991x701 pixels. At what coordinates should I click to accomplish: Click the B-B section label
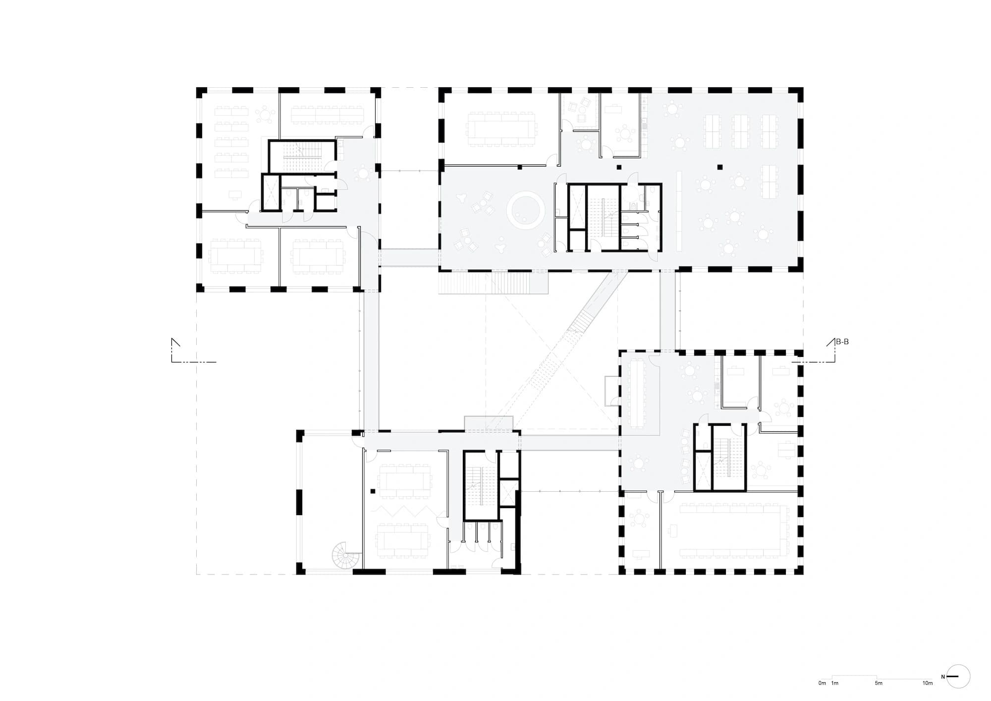(x=842, y=342)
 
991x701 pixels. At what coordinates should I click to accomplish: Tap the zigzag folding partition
(x=403, y=511)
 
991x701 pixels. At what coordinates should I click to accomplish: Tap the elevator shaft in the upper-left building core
(x=272, y=192)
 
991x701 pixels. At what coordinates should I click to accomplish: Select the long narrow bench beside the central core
(x=679, y=211)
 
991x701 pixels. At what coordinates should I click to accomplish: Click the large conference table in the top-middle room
(x=501, y=129)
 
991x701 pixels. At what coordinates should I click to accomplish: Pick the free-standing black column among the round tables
(x=719, y=167)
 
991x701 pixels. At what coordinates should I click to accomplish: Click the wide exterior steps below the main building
(x=493, y=283)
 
